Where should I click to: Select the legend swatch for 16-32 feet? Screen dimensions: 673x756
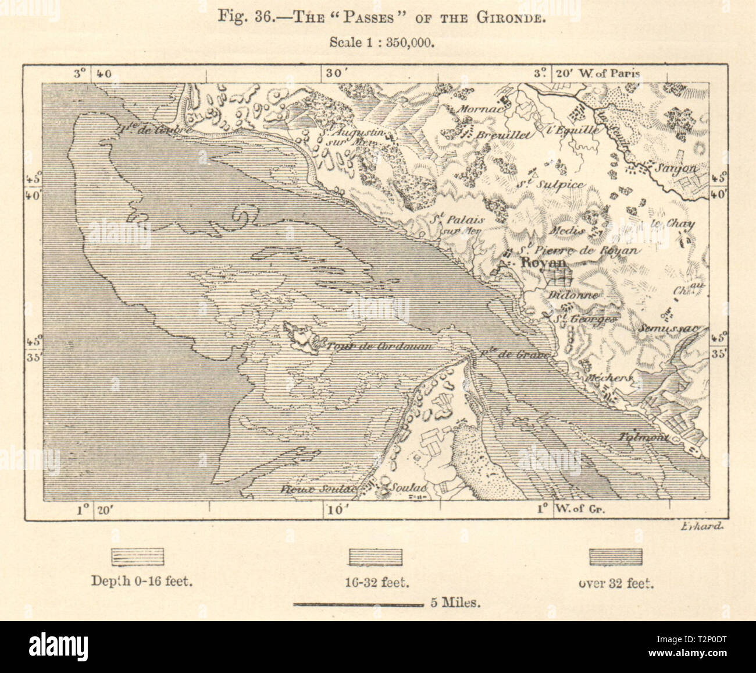[374, 557]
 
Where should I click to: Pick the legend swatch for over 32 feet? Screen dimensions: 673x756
[616, 557]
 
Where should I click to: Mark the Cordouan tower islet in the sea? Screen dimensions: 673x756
[300, 336]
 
